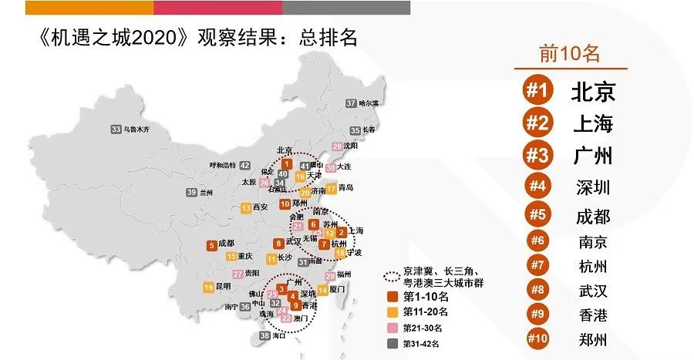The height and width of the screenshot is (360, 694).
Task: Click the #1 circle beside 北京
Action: (x=537, y=91)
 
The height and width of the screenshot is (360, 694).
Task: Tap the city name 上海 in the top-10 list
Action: (x=592, y=123)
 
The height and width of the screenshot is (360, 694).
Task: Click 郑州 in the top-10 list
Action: (x=592, y=338)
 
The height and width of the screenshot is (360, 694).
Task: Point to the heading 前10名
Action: (x=570, y=53)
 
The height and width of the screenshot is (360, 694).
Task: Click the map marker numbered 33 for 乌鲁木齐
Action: (x=116, y=130)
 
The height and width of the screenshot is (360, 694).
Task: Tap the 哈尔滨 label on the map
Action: (x=370, y=103)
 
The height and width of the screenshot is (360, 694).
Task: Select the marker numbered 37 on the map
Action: (x=352, y=103)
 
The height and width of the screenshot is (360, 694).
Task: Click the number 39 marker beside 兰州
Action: (x=190, y=192)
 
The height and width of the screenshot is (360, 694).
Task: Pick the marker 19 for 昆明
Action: (x=208, y=288)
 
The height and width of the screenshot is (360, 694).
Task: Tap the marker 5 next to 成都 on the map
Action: (x=211, y=246)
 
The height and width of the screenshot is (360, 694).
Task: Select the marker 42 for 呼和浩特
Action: (x=244, y=165)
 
